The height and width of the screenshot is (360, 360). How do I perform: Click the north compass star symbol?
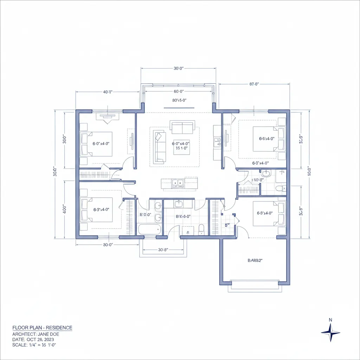(x=330, y=332)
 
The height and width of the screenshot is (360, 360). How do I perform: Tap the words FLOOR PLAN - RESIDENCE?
(x=42, y=328)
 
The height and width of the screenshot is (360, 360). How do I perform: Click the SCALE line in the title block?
(x=39, y=345)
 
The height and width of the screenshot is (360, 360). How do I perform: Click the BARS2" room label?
(x=255, y=261)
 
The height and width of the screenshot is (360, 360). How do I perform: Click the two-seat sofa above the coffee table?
(x=182, y=127)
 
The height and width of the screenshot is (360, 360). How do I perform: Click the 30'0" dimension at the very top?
(x=178, y=69)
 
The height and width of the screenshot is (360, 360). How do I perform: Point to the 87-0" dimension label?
(x=254, y=84)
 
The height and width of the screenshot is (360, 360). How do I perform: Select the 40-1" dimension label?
(x=107, y=92)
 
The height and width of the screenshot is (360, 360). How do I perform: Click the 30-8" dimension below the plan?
(x=163, y=250)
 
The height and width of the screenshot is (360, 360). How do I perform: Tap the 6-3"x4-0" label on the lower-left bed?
(x=101, y=209)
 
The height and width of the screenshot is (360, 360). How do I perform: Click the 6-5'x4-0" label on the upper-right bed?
(x=266, y=139)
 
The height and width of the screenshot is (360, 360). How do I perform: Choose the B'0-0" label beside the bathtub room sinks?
(x=145, y=214)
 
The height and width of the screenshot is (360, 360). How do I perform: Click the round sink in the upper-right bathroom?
(x=266, y=173)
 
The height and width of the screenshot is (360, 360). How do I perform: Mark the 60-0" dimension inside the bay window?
(x=179, y=91)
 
